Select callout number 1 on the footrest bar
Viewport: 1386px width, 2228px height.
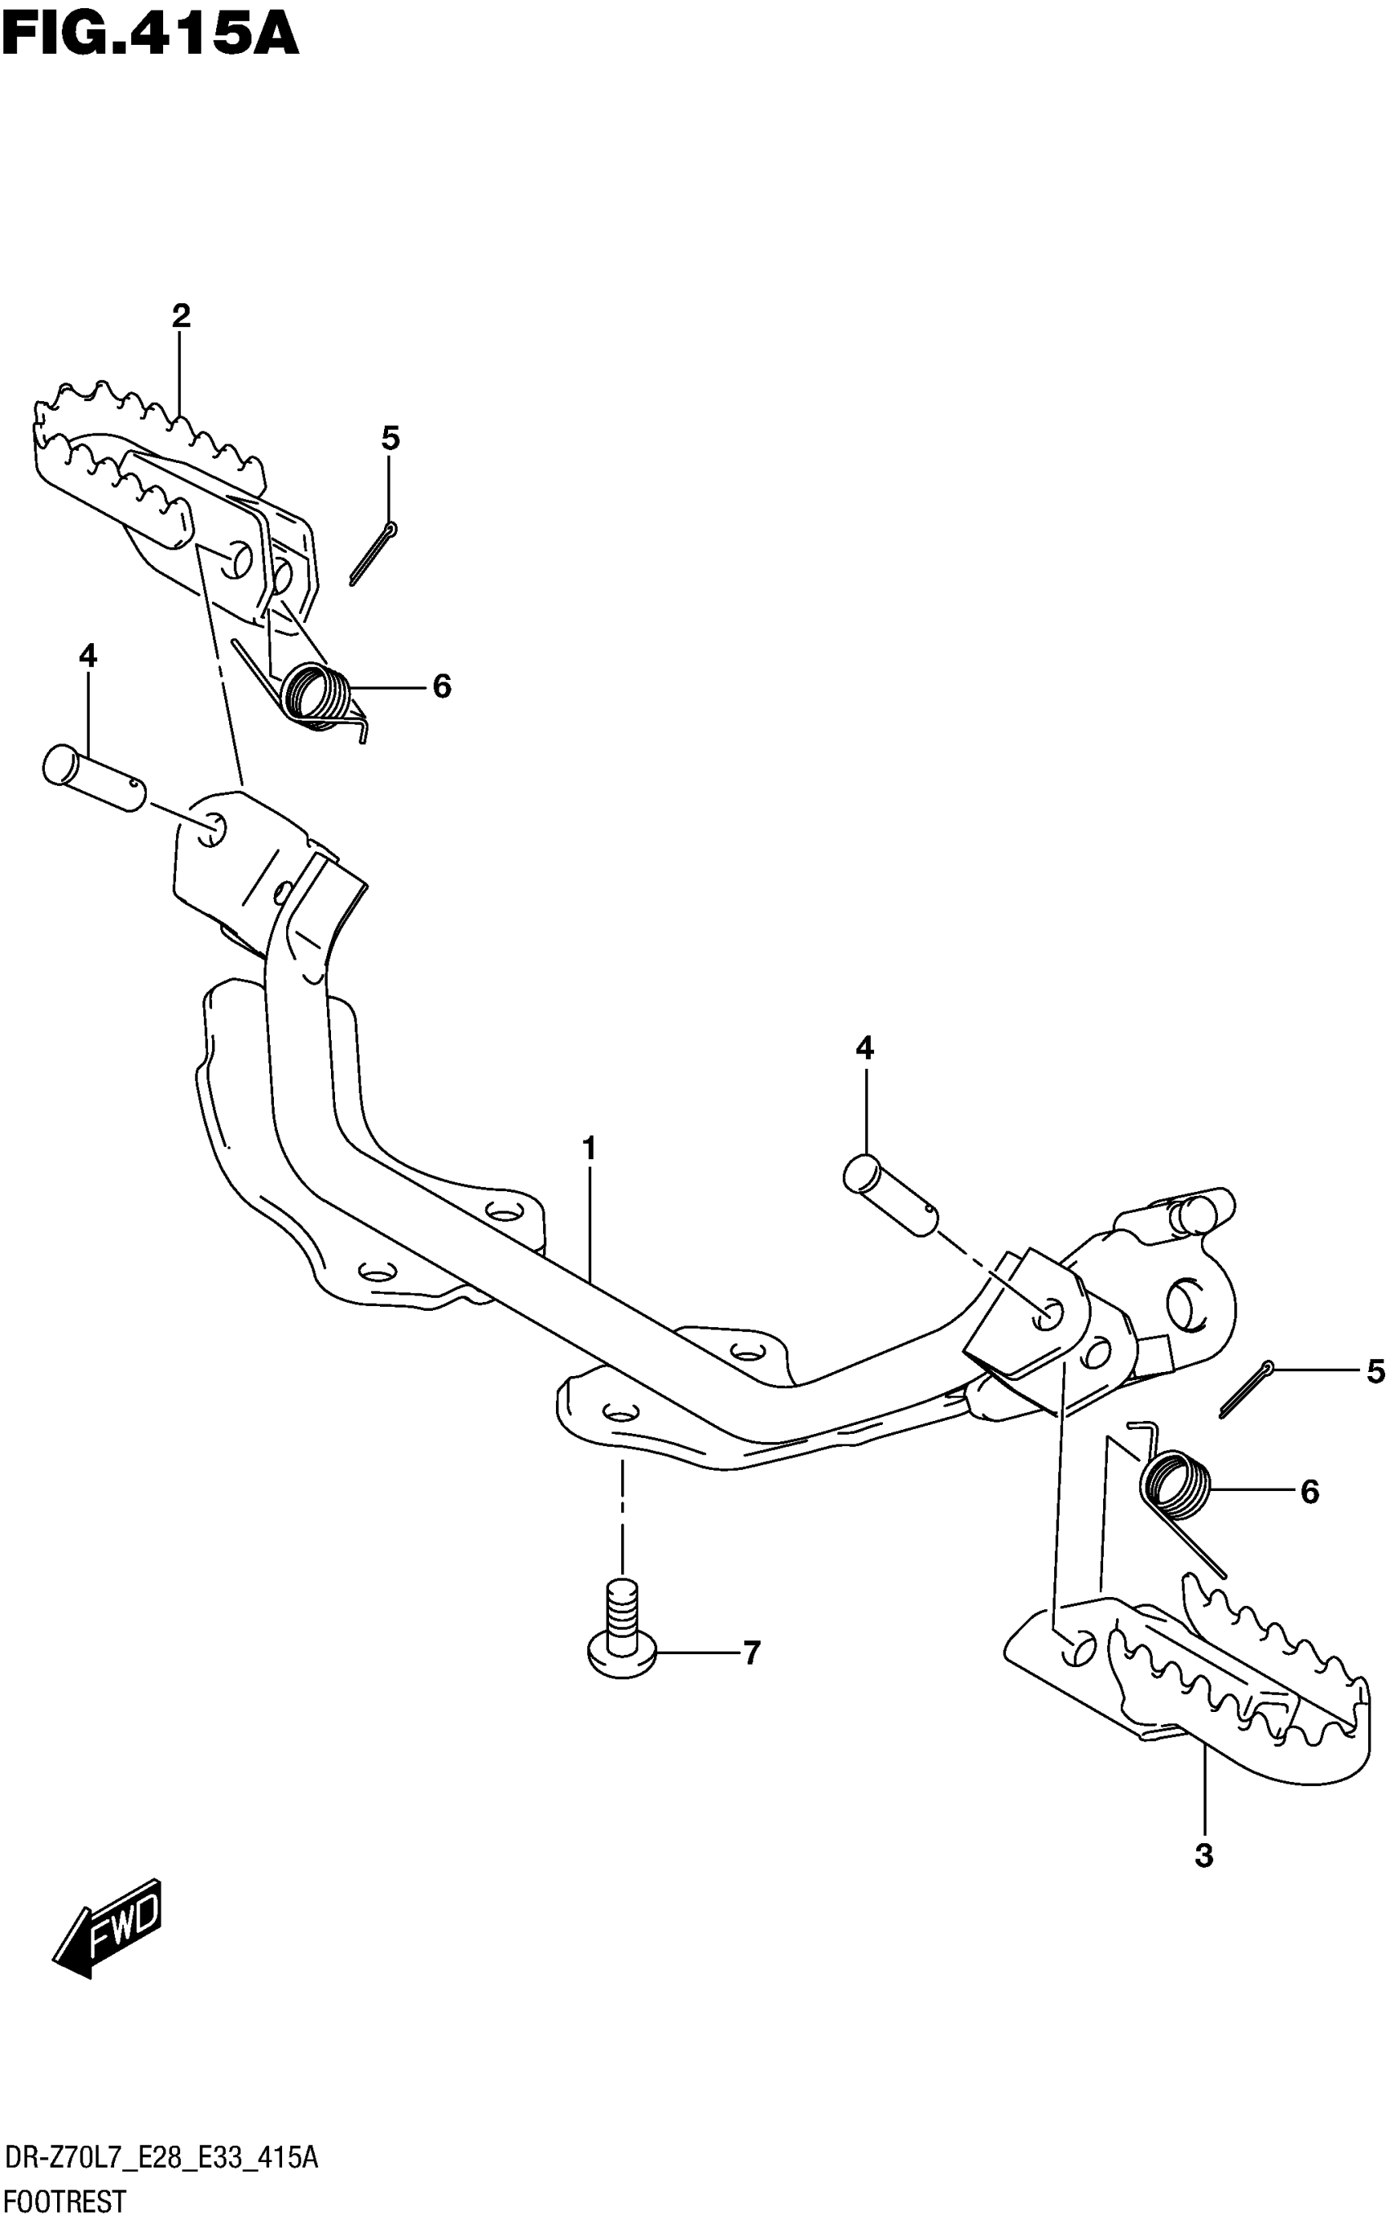tap(589, 1148)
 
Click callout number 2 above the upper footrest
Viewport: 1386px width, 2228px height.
tap(180, 316)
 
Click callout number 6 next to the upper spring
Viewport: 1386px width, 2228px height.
tap(442, 686)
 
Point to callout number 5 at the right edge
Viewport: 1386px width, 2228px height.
tap(1374, 1371)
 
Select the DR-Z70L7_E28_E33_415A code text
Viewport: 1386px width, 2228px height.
tap(161, 2160)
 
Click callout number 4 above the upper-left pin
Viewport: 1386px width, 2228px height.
tap(87, 655)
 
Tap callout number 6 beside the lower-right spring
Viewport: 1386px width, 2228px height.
tap(1310, 1492)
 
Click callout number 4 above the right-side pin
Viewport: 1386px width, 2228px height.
tap(864, 1048)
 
